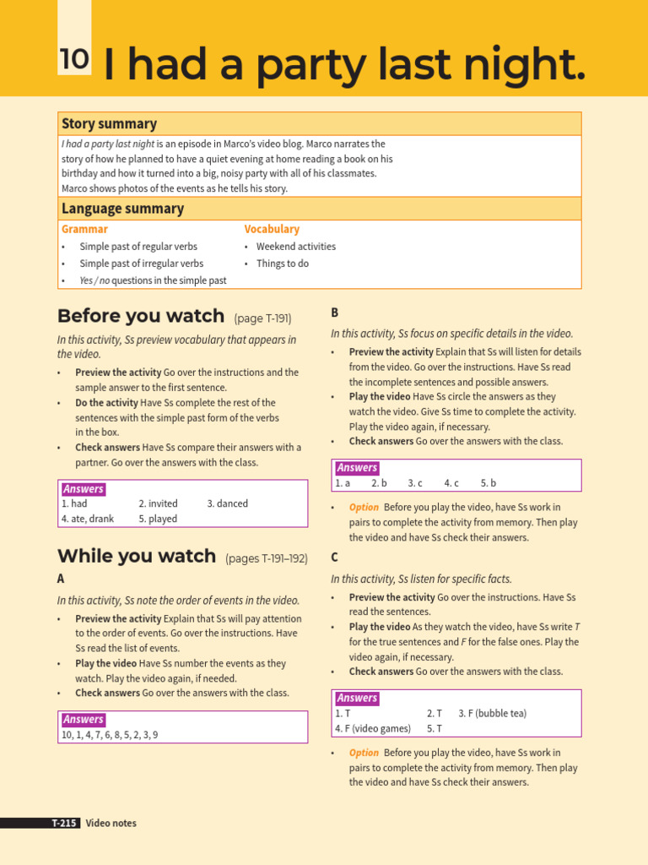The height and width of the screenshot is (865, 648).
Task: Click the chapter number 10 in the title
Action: tap(74, 59)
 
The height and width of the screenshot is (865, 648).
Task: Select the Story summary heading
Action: tap(109, 124)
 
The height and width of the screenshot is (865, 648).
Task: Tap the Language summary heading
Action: tap(122, 209)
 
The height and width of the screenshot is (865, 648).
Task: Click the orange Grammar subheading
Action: tap(84, 229)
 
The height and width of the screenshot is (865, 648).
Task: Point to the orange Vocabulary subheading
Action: tap(272, 229)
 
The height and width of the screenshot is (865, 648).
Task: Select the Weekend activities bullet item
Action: tap(295, 247)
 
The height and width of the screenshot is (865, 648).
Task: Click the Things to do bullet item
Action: tap(282, 264)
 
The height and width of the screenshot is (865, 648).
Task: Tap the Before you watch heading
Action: tap(140, 317)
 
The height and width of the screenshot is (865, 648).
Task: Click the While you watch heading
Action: tap(137, 557)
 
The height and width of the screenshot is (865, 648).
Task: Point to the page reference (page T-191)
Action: tap(262, 318)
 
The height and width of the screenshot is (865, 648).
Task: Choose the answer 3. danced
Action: tap(227, 503)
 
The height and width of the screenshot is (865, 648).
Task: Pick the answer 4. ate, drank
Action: tap(87, 519)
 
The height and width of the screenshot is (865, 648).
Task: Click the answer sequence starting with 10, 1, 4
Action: tap(109, 735)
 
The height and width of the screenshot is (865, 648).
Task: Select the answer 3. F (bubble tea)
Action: tap(492, 713)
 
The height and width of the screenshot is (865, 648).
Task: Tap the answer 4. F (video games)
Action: tap(373, 728)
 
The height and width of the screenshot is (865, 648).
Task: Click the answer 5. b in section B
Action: tap(489, 483)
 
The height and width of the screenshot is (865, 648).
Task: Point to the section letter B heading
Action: tap(335, 313)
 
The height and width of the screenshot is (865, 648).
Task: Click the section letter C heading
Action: tap(335, 558)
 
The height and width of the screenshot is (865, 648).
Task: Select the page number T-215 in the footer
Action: tap(63, 823)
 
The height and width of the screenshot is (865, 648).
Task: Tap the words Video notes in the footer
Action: tap(111, 823)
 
